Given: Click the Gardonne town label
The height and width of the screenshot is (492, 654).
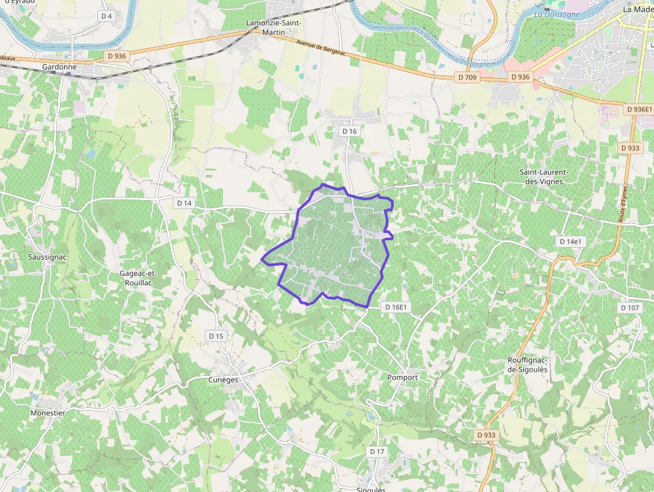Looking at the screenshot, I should click(x=59, y=67).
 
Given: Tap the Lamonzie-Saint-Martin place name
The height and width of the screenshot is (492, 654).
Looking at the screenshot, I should click(x=274, y=27).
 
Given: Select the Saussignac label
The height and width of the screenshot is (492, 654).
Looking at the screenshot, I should click(x=48, y=256).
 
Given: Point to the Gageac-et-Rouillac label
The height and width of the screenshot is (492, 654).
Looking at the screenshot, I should click(x=137, y=278).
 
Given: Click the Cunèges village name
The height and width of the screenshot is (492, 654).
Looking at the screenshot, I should click(x=223, y=380).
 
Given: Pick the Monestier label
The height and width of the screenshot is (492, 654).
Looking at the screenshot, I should click(x=47, y=413).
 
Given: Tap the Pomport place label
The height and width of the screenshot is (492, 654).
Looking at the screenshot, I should click(x=402, y=377).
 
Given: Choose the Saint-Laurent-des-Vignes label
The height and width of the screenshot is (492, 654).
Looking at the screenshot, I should click(x=542, y=176).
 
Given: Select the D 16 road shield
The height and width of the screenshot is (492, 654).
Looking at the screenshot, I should click(x=350, y=132).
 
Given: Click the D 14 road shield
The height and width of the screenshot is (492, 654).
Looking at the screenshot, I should click(x=184, y=202).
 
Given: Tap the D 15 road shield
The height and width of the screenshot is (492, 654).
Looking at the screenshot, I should click(x=216, y=336).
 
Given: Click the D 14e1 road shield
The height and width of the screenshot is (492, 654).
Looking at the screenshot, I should click(x=571, y=241).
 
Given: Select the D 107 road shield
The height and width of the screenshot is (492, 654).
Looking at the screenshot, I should click(x=630, y=308).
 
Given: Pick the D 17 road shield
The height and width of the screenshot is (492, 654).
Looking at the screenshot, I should click(x=377, y=452).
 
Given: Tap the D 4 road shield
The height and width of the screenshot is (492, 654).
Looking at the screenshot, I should click(x=106, y=15).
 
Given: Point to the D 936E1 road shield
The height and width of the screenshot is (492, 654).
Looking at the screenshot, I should click(x=639, y=109).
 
